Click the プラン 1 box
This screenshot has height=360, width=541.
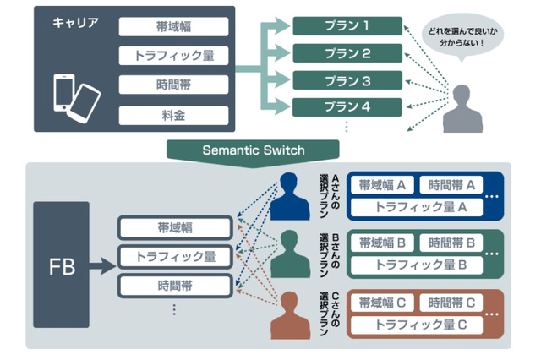(x=347, y=26)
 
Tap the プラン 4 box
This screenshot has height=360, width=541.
(x=347, y=107)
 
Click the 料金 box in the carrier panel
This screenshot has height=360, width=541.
(x=173, y=113)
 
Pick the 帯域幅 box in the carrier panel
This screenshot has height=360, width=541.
(x=173, y=26)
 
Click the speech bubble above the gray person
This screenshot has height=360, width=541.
(x=460, y=38)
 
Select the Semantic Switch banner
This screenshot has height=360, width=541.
(x=254, y=149)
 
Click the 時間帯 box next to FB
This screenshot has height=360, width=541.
(x=174, y=285)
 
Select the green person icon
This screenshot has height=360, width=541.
(x=290, y=254)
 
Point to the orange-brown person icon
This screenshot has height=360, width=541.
(x=290, y=313)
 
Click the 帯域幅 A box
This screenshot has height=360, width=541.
(x=381, y=185)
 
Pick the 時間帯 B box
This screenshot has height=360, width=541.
(x=451, y=243)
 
